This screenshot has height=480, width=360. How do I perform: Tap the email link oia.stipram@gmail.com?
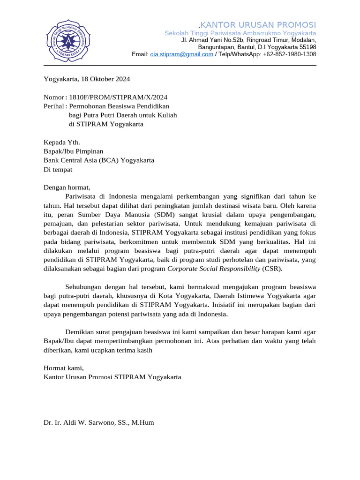click(181, 54)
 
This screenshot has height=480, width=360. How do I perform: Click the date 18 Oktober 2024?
click(105, 79)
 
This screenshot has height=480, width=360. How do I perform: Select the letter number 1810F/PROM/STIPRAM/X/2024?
click(118, 97)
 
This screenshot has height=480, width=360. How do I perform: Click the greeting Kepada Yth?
click(62, 142)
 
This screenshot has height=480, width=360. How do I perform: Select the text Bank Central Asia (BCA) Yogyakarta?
click(98, 160)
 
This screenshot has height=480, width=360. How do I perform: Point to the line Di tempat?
click(58, 169)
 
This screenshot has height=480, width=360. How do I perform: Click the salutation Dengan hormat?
click(67, 187)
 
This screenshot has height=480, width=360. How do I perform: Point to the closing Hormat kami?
click(63, 367)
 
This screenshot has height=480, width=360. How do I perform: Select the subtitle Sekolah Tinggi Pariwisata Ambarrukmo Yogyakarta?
click(240, 33)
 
